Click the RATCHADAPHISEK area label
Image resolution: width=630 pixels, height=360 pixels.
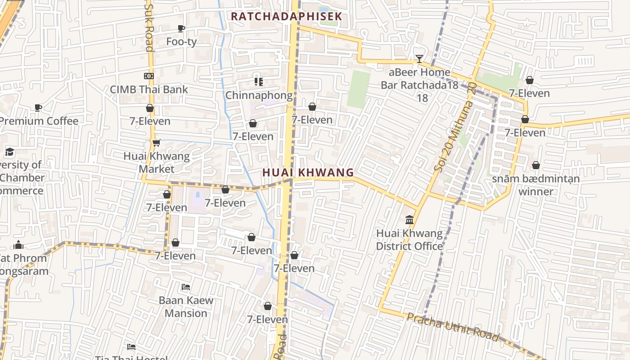[287, 17]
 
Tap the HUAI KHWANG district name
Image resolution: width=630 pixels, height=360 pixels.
[308, 172]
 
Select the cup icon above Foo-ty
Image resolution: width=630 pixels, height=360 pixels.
[181, 29]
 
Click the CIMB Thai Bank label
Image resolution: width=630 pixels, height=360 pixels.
[149, 89]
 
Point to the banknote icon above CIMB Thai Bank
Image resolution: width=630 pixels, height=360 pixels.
[149, 76]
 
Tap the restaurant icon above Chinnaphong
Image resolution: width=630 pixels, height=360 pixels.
[258, 82]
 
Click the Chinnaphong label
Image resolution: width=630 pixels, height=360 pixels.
[259, 95]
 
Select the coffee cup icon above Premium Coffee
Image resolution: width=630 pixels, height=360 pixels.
[38, 108]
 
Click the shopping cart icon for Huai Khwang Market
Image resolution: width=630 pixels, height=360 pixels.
[157, 143]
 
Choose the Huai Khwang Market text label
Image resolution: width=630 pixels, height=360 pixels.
[157, 162]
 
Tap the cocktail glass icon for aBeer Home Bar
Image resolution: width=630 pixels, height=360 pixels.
[419, 59]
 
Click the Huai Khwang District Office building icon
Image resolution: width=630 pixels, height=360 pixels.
[409, 220]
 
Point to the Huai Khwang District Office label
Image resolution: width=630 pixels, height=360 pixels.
[409, 240]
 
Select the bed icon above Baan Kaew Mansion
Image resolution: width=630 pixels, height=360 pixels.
[186, 287]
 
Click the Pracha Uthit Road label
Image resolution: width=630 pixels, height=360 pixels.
[453, 327]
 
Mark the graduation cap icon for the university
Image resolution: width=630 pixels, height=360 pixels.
[10, 152]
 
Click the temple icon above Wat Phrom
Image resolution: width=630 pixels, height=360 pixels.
[18, 245]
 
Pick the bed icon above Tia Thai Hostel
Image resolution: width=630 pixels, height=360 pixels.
[131, 347]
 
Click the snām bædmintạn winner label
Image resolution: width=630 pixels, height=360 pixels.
[535, 185]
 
